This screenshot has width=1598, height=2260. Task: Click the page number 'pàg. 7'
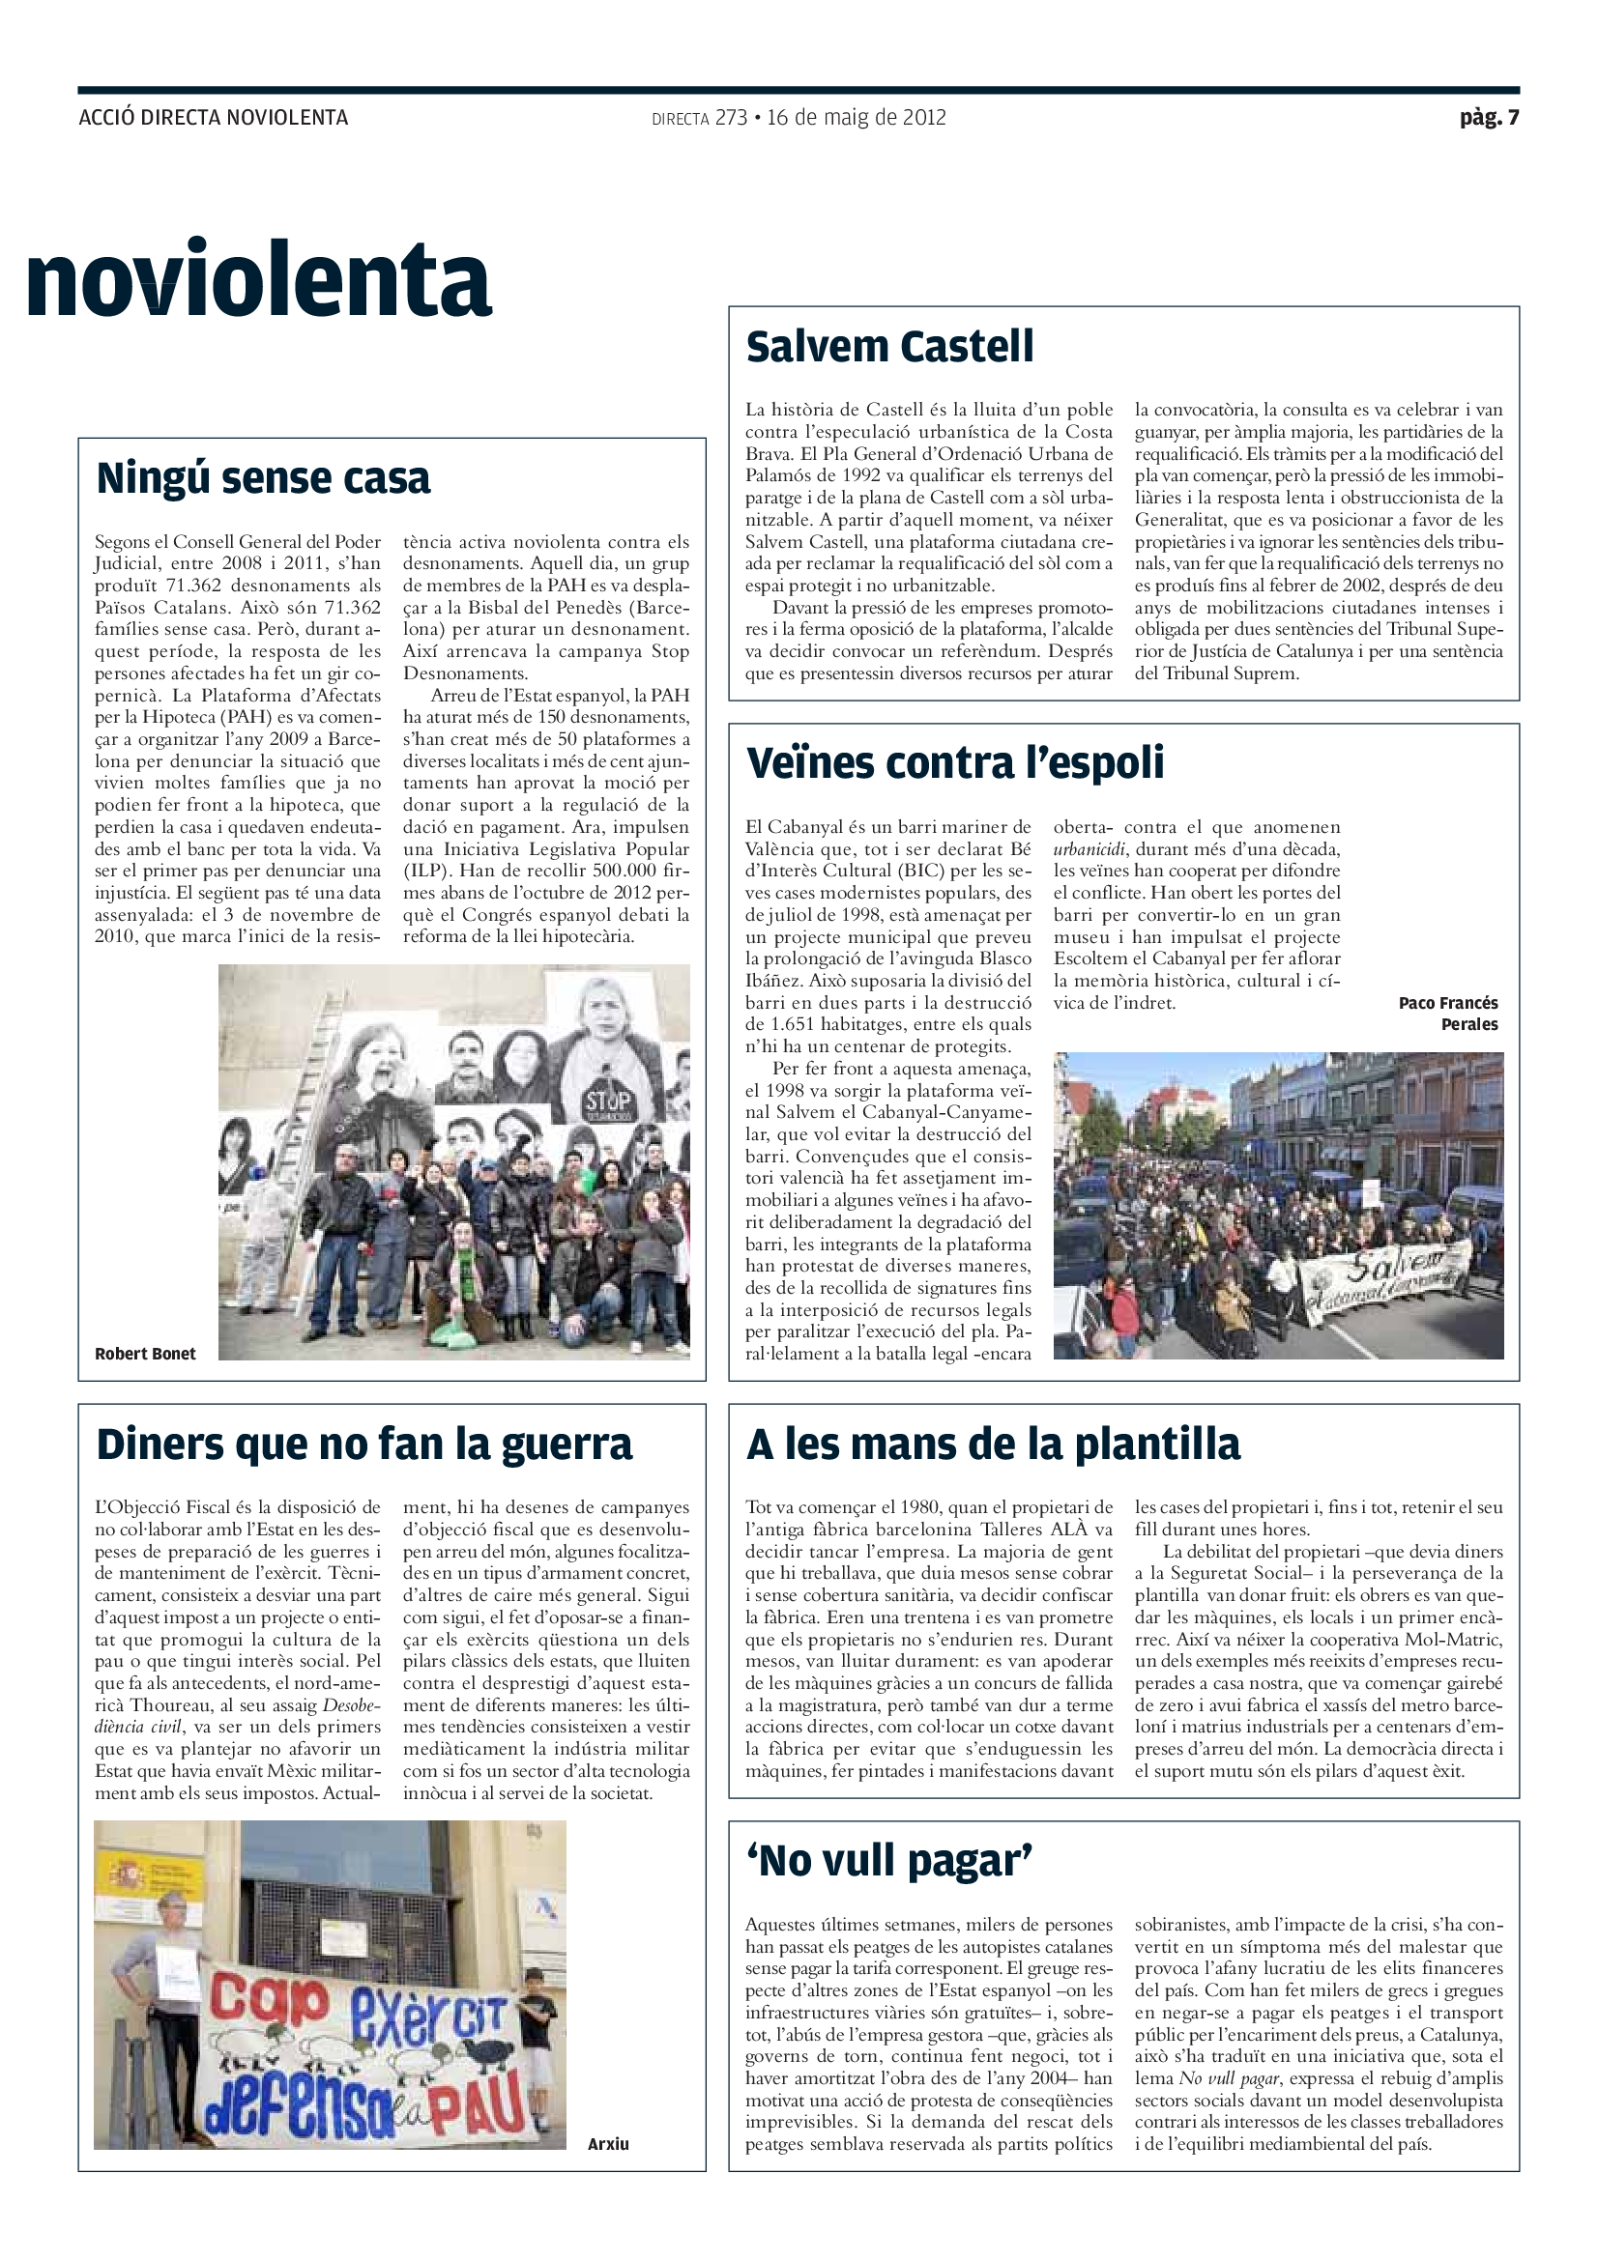click(1488, 118)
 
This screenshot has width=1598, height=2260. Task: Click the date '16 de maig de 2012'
click(856, 118)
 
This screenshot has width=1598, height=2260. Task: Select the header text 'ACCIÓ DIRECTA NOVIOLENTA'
click(214, 118)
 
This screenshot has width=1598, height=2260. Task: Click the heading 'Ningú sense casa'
click(263, 479)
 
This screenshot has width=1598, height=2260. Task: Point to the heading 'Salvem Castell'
click(889, 348)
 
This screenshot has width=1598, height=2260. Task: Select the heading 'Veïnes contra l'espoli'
click(954, 764)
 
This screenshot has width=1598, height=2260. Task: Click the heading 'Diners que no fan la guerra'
click(363, 1445)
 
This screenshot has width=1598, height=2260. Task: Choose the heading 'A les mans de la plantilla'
click(993, 1445)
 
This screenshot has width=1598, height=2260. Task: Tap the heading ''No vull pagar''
click(889, 1861)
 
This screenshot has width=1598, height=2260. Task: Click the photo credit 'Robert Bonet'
click(145, 1355)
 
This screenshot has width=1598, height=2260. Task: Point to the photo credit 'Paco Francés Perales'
click(1451, 1014)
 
